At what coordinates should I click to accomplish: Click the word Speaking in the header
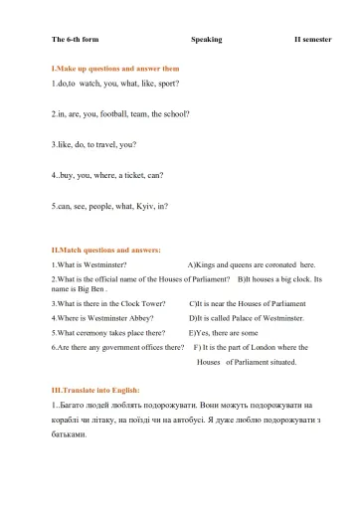[206, 41]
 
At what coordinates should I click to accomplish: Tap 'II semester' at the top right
[310, 41]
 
